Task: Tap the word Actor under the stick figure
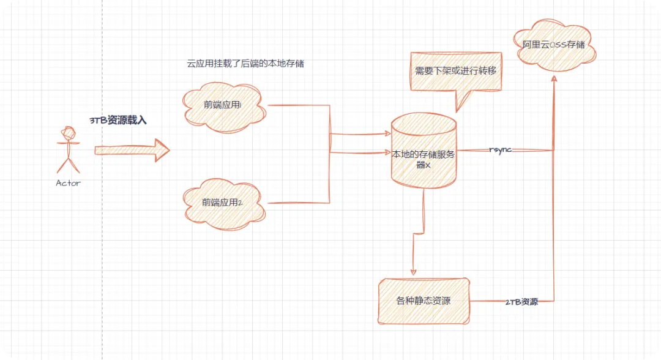(68, 182)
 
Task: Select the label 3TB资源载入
(119, 121)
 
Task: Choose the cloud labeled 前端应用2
(223, 203)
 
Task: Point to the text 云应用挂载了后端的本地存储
(245, 64)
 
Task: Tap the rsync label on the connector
(500, 150)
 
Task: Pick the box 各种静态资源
(424, 301)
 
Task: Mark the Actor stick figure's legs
(68, 163)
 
